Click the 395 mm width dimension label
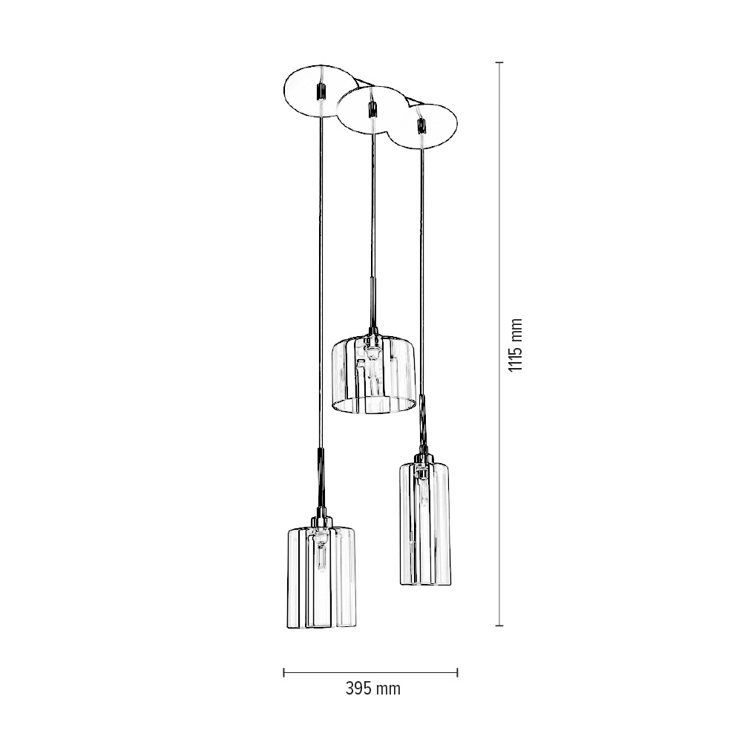[x=373, y=689]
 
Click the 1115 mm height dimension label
[x=516, y=344]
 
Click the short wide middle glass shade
[x=373, y=374]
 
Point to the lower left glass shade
[x=321, y=577]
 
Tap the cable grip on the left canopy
[x=321, y=90]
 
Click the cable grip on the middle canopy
[x=372, y=110]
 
